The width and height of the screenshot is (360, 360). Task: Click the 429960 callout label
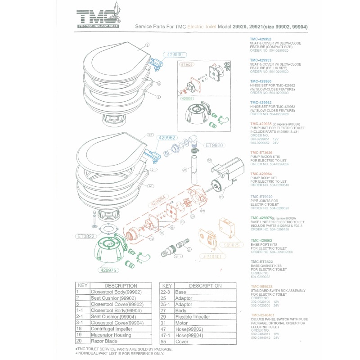[x=174, y=54]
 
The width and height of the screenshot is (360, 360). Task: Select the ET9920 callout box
[x=214, y=145]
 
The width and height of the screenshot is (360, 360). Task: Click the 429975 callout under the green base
[x=108, y=270]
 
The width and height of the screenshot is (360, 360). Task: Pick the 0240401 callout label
[x=210, y=256]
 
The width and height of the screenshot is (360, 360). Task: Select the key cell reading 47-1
[x=167, y=335]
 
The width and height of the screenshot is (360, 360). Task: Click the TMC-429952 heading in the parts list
[x=261, y=39]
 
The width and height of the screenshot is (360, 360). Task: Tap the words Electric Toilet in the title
[x=202, y=27]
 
